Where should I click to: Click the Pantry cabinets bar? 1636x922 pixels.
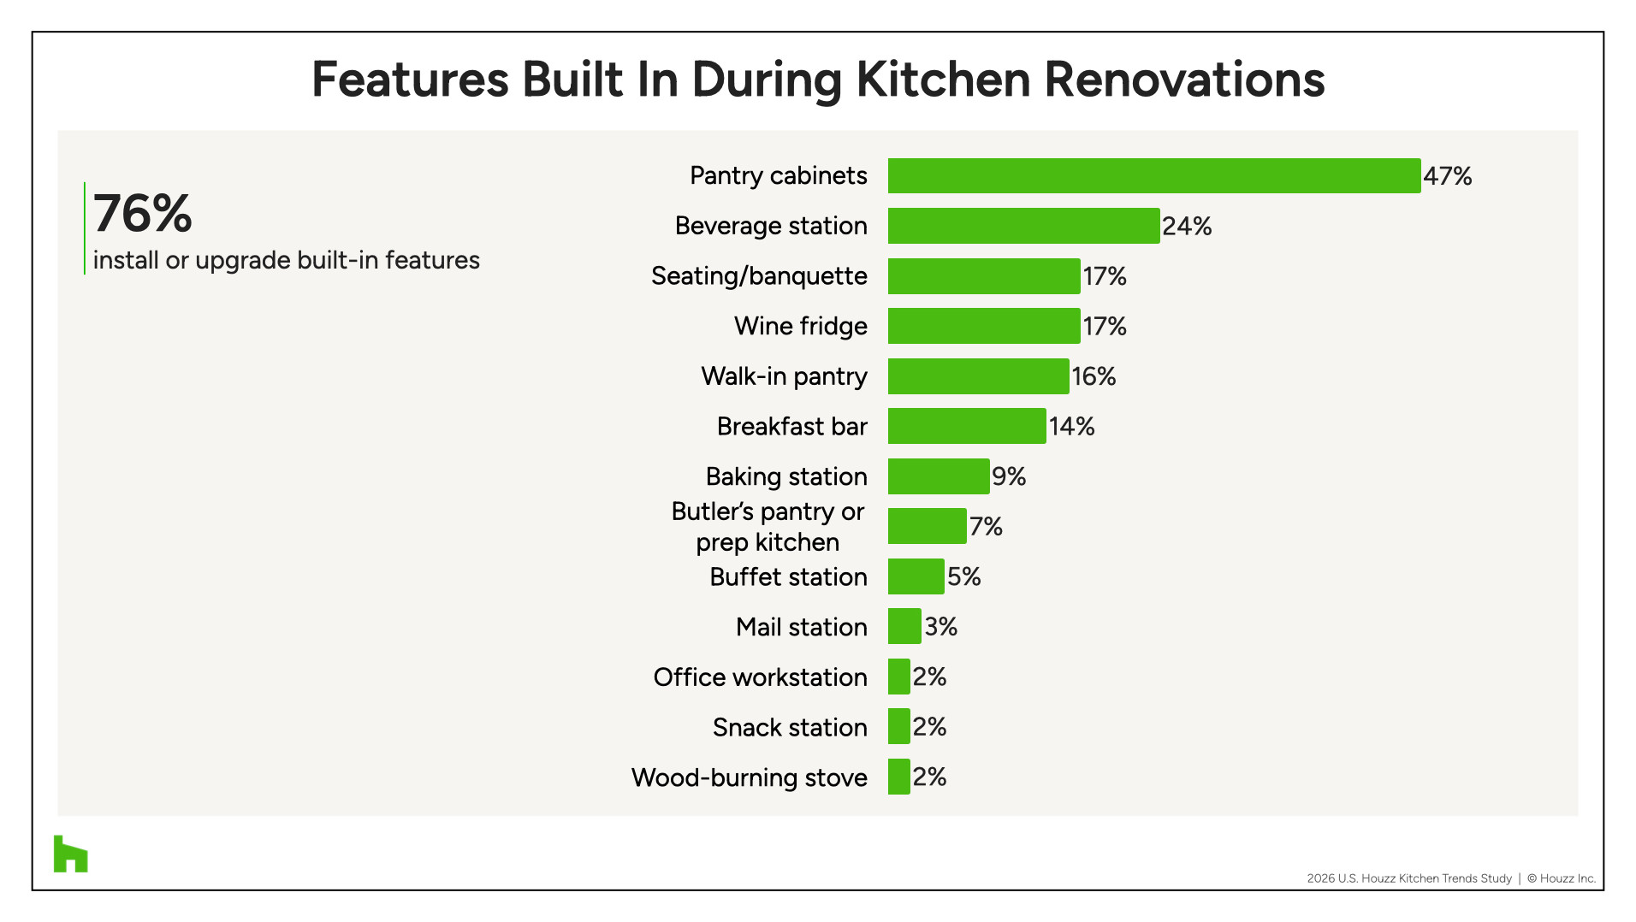click(x=1154, y=175)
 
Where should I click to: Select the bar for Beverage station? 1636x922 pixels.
click(x=1024, y=226)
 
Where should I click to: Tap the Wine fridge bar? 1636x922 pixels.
click(x=984, y=326)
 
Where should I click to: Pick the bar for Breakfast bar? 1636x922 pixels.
click(x=967, y=426)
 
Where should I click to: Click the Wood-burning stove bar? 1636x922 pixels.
click(x=899, y=777)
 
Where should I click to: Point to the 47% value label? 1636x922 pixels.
click(x=1448, y=176)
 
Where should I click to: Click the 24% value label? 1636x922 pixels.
click(x=1187, y=226)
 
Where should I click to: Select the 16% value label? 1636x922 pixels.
click(x=1094, y=376)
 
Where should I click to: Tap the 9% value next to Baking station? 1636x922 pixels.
click(x=1009, y=476)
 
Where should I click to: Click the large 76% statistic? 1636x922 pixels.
click(x=143, y=213)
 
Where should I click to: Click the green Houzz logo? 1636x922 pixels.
click(x=71, y=854)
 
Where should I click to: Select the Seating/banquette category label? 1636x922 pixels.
click(x=759, y=276)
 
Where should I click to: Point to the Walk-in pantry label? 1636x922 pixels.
click(x=785, y=376)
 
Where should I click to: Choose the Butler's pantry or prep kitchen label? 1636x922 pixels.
click(x=768, y=527)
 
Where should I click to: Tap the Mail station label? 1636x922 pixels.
click(x=802, y=627)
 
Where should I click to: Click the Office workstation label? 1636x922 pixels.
click(x=761, y=677)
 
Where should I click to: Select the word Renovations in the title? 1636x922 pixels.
click(x=1184, y=80)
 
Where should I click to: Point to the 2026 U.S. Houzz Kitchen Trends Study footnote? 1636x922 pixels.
click(x=1409, y=878)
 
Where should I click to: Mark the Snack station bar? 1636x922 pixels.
click(x=899, y=726)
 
